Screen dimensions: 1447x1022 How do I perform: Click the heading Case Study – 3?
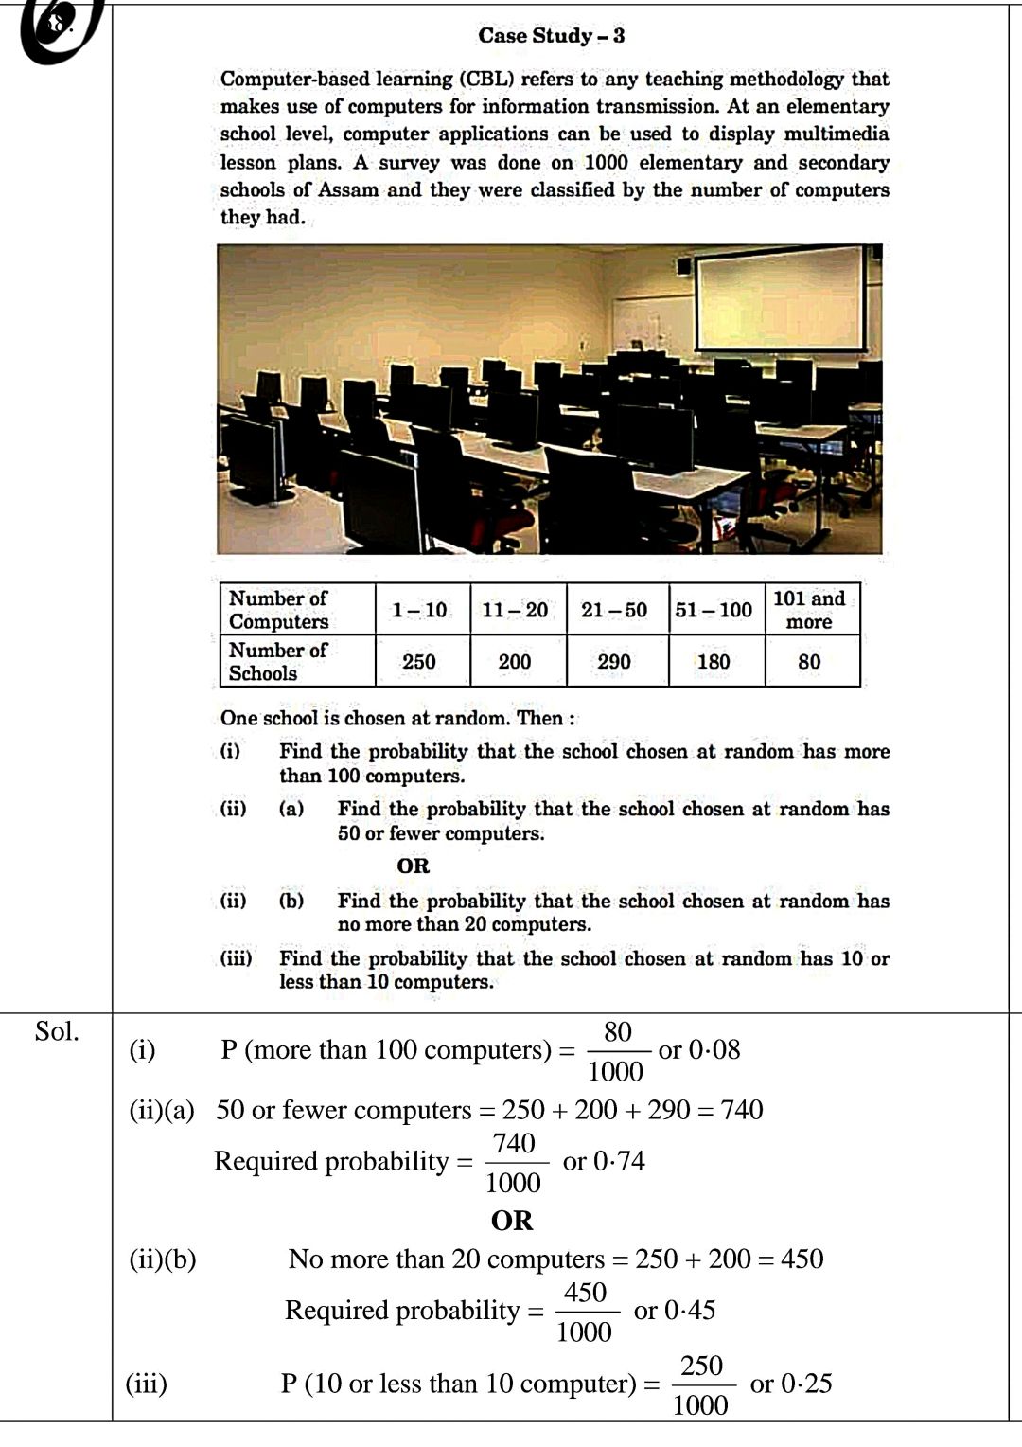coord(551,36)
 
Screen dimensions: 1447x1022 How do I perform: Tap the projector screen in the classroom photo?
coord(779,298)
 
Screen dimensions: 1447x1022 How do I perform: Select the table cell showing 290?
coord(614,661)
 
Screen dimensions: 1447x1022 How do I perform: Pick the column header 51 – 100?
coord(714,610)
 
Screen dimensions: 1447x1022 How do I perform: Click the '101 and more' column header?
coord(809,610)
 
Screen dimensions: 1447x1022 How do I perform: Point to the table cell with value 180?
coord(714,661)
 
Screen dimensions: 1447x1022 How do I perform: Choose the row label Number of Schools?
coord(277,661)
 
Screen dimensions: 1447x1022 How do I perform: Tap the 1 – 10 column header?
coord(419,610)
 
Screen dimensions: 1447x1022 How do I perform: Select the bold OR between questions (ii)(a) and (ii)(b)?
coord(413,866)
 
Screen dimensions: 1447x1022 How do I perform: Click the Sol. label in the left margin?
coord(57,1031)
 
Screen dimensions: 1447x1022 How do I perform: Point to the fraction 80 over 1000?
coord(616,1051)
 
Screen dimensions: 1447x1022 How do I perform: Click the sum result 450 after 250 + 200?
coord(802,1259)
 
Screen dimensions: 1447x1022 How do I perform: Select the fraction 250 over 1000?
coord(701,1384)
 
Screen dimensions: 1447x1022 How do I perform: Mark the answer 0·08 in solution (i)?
coord(714,1049)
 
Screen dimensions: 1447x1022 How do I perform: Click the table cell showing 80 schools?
coord(809,661)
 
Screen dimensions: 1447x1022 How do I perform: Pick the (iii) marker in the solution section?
coord(147,1384)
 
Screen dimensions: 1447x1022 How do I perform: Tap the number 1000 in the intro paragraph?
coord(606,162)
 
